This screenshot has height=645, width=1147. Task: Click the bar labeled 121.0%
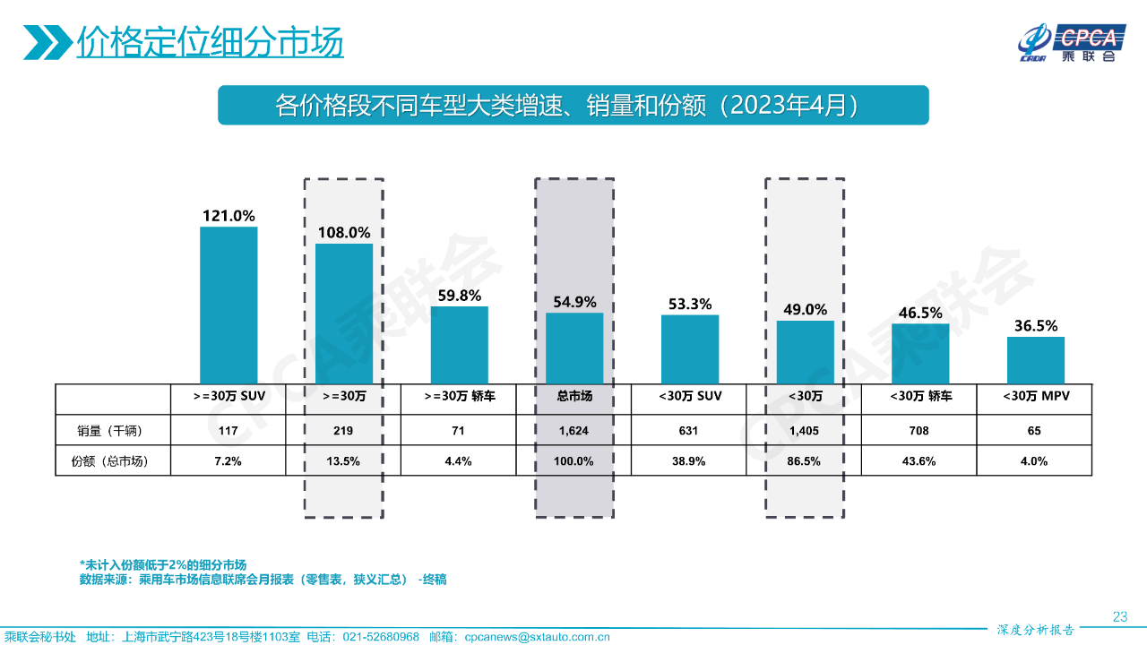[229, 305]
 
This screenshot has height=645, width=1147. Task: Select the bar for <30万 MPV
[1035, 360]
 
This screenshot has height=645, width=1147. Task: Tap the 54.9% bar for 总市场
[574, 348]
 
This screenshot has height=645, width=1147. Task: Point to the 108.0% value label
[344, 232]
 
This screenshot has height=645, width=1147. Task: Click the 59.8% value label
[459, 295]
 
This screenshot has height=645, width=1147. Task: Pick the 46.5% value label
[919, 313]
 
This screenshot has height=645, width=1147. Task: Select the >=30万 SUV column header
[229, 396]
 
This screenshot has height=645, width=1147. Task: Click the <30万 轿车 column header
[919, 396]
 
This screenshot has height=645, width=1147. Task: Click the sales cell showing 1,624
[574, 431]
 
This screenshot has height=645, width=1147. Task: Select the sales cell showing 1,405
[805, 431]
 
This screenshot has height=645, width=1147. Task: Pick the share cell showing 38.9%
[689, 461]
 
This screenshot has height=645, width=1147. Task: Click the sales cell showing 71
[459, 431]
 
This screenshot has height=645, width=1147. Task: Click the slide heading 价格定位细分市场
[210, 41]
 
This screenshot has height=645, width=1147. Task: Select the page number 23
[1119, 615]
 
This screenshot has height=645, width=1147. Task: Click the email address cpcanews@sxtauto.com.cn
[538, 637]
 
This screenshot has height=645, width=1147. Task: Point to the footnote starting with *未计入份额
[163, 565]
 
